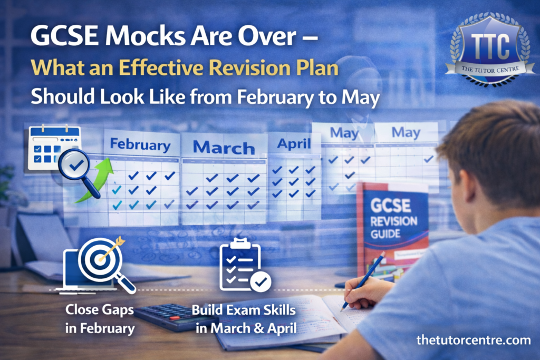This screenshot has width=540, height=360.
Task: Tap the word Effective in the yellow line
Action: [161, 67]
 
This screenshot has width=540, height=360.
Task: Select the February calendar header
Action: [140, 144]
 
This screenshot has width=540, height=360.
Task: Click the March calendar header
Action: [224, 148]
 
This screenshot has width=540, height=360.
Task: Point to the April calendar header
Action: [294, 144]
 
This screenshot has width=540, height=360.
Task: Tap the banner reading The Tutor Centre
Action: [490, 70]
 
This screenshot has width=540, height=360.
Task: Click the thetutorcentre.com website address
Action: [474, 340]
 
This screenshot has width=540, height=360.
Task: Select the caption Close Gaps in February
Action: [100, 319]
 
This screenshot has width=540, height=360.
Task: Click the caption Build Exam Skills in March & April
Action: [244, 319]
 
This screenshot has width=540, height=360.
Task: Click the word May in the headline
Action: [361, 98]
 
